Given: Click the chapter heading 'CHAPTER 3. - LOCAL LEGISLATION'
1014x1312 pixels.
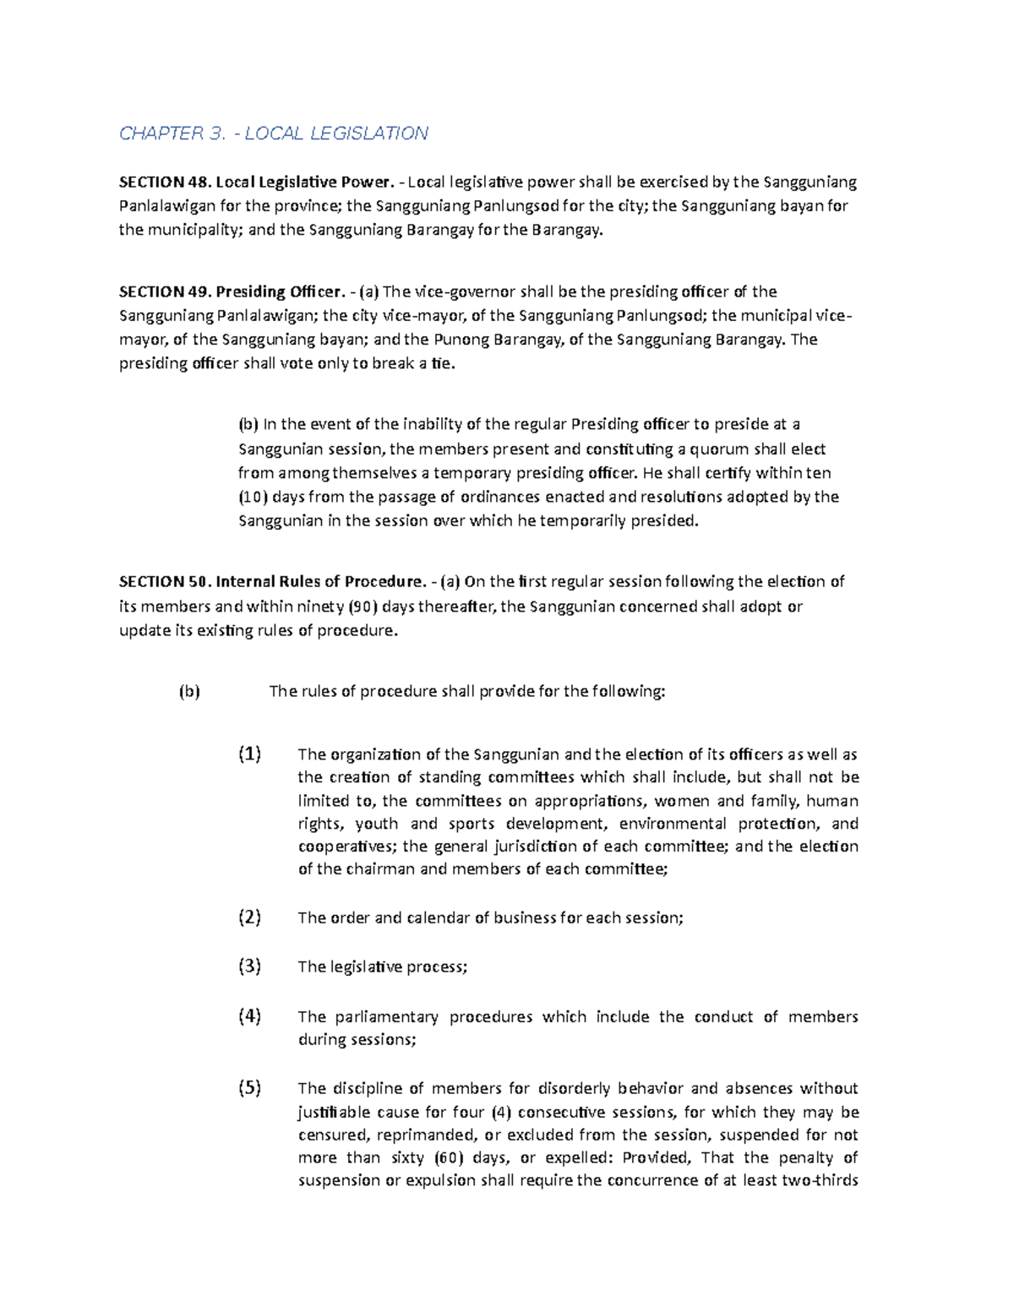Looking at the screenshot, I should tap(273, 133).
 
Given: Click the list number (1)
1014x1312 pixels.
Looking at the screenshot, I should tap(249, 754).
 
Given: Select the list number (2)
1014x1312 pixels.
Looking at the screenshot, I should tap(249, 917).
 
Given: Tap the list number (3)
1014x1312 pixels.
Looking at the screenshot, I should tap(249, 966).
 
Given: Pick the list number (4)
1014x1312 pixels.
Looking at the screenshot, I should tap(249, 1016).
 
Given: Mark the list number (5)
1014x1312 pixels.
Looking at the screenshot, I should tap(249, 1088).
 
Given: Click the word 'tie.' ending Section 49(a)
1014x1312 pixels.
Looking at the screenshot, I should tap(443, 364).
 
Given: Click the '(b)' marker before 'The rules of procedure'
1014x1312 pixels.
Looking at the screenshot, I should tap(189, 692).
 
